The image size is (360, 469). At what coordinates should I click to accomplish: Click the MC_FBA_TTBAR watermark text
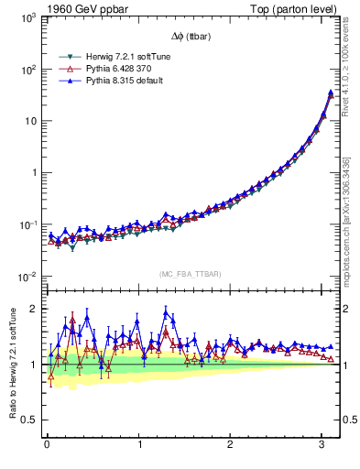[x=191, y=273]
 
